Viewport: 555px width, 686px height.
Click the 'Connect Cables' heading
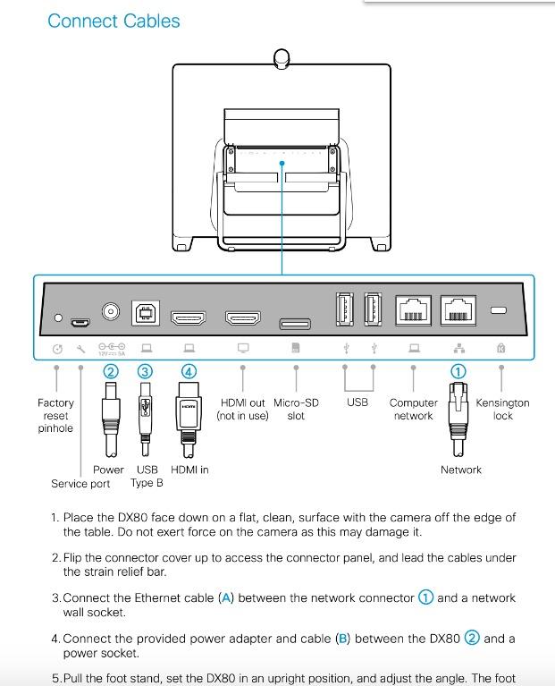pyautogui.click(x=114, y=21)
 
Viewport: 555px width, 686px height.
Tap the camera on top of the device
pyautogui.click(x=282, y=58)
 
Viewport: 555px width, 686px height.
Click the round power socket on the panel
pyautogui.click(x=111, y=312)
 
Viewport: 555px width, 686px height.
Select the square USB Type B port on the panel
pyautogui.click(x=145, y=313)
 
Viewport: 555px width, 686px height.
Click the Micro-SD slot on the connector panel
pyautogui.click(x=295, y=323)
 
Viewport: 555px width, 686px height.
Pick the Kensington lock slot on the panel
pyautogui.click(x=499, y=310)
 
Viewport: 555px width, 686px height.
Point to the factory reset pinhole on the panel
pyautogui.click(x=58, y=318)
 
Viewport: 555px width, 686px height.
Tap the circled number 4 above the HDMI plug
pyautogui.click(x=189, y=370)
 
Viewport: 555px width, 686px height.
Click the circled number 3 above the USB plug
pyautogui.click(x=144, y=370)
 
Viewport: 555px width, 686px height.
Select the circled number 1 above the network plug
pyautogui.click(x=458, y=370)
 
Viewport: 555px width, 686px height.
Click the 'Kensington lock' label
pyautogui.click(x=502, y=410)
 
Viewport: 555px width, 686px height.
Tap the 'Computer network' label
pyautogui.click(x=413, y=410)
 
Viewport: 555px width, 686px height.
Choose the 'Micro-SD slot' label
pyautogui.click(x=296, y=410)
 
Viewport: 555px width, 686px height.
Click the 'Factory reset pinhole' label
pyautogui.click(x=55, y=415)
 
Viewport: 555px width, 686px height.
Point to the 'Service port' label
pyautogui.click(x=80, y=484)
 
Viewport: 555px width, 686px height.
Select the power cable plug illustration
pyautogui.click(x=111, y=416)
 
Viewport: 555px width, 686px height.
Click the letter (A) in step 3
pyautogui.click(x=226, y=598)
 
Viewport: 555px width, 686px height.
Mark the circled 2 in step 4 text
pyautogui.click(x=472, y=639)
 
